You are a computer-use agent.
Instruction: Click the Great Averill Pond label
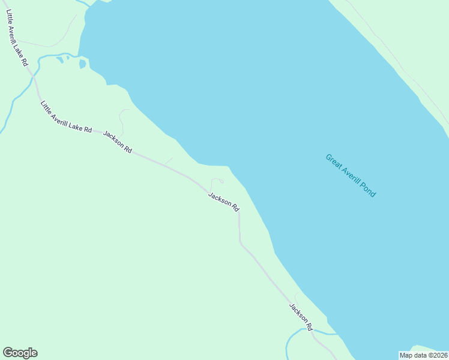[x=351, y=176]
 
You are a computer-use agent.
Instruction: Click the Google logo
[x=20, y=353]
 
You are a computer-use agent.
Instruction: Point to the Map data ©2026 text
[x=424, y=355]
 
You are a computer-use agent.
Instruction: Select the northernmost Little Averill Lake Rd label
[x=17, y=37]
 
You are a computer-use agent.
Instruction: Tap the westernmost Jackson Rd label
[x=118, y=142]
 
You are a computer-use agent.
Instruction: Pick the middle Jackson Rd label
[x=224, y=201]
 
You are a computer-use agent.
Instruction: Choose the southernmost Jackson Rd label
[x=301, y=317]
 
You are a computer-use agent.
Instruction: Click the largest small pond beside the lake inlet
[x=82, y=64]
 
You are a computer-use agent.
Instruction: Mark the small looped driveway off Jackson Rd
[x=217, y=181]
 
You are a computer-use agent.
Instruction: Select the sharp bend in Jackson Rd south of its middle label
[x=240, y=242]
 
